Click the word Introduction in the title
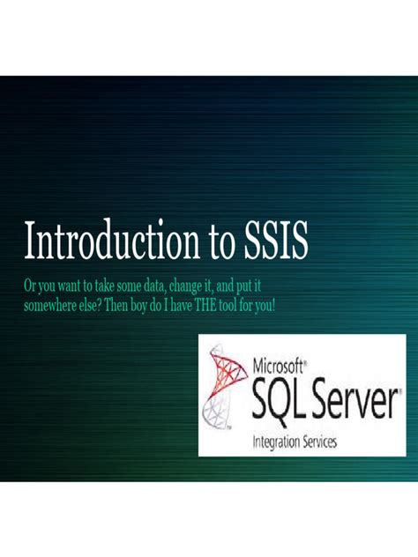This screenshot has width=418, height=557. pyautogui.click(x=112, y=240)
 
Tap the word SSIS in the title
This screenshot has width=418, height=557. pyautogui.click(x=276, y=240)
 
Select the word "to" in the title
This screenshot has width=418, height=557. pyautogui.click(x=222, y=241)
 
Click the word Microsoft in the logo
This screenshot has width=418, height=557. pyautogui.click(x=278, y=367)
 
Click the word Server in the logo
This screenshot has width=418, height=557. pyautogui.click(x=352, y=399)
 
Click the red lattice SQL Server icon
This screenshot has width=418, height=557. pyautogui.click(x=224, y=386)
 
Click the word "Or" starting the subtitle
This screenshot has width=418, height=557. pyautogui.click(x=29, y=286)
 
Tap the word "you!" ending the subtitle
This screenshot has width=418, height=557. pyautogui.click(x=264, y=306)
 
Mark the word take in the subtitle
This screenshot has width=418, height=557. pyautogui.click(x=102, y=286)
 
